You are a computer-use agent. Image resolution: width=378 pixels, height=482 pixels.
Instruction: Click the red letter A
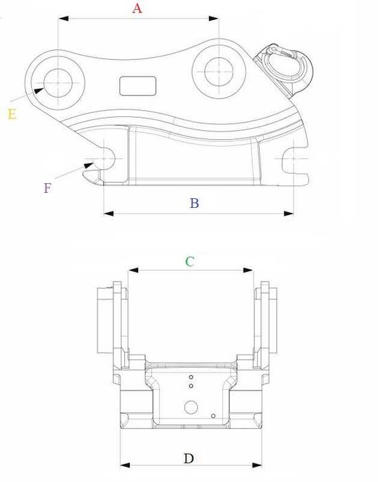[x=137, y=8]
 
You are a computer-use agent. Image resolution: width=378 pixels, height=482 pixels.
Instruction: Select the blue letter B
[x=194, y=203]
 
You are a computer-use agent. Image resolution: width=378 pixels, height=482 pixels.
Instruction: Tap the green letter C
[x=190, y=261]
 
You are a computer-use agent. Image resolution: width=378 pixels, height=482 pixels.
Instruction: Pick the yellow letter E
[x=12, y=114]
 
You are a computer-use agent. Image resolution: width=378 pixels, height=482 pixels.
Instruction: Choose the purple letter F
[x=47, y=187]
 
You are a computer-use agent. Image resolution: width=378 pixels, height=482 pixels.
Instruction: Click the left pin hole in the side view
[x=58, y=82]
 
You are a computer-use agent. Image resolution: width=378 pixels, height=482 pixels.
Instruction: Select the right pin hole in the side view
[x=217, y=70]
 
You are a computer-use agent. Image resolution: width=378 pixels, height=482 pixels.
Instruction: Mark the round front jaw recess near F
[x=107, y=158]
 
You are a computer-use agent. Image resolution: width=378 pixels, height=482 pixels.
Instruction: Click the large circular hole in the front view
[x=190, y=407]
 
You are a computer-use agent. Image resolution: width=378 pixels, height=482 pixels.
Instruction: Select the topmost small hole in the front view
[x=192, y=377]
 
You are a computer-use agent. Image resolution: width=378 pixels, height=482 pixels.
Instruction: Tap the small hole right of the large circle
[x=215, y=415]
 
